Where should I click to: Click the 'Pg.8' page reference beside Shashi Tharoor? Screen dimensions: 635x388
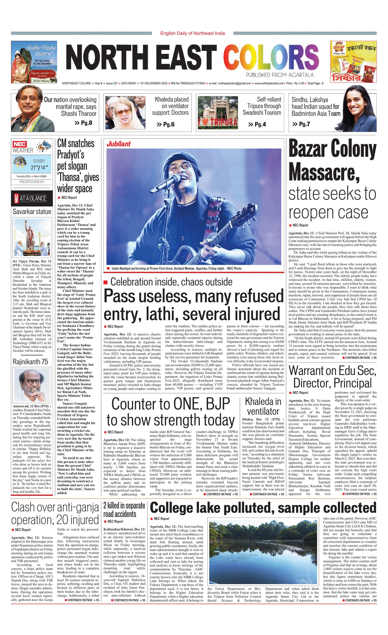(x=84, y=123)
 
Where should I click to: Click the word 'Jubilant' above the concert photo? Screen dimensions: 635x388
(x=118, y=144)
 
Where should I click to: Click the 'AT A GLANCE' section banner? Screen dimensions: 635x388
(x=33, y=198)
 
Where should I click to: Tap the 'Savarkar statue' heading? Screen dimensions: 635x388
(x=32, y=211)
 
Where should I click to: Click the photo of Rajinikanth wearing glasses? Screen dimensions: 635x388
(x=32, y=385)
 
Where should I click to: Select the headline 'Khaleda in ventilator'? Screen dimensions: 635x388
(x=263, y=406)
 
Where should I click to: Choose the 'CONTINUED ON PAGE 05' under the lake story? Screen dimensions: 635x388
(x=359, y=600)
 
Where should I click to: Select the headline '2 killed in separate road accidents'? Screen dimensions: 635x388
(x=124, y=510)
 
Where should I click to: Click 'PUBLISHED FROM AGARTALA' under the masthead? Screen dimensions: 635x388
(x=279, y=75)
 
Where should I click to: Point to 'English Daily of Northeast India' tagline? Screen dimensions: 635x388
(x=192, y=33)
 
